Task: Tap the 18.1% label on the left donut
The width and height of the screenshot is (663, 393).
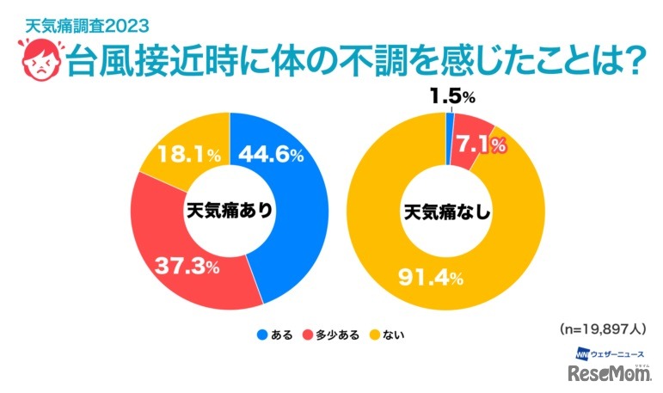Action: [188, 156]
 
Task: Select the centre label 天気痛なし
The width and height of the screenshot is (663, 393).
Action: [447, 211]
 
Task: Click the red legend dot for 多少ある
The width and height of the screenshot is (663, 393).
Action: [308, 333]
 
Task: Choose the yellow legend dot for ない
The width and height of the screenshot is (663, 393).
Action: [374, 333]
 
